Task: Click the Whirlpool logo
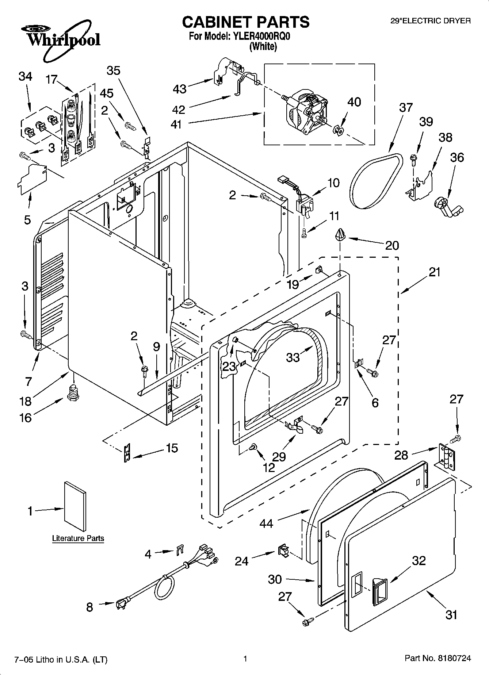[x=60, y=39]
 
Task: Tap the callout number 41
[x=176, y=124]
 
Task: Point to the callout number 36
[x=457, y=157]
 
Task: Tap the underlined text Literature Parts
[x=78, y=538]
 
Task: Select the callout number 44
[x=266, y=523]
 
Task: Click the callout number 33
[x=293, y=357]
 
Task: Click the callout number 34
[x=25, y=76]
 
